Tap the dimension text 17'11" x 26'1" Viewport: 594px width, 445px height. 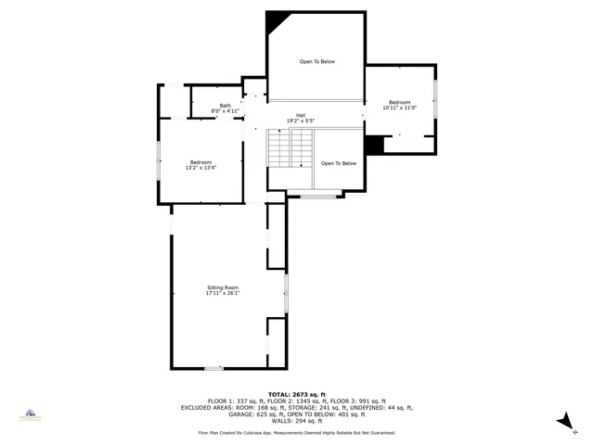(x=223, y=294)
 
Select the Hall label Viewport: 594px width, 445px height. (x=301, y=115)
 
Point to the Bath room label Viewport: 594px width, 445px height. (x=226, y=105)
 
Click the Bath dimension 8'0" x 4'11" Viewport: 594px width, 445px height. (x=226, y=111)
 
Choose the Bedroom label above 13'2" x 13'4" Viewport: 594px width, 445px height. (x=201, y=162)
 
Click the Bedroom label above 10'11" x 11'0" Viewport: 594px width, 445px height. (x=399, y=102)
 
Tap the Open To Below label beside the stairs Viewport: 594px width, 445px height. (x=339, y=163)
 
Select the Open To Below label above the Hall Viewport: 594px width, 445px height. (x=316, y=61)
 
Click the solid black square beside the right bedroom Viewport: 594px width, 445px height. (x=374, y=146)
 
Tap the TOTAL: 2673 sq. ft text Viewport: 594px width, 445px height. (x=296, y=394)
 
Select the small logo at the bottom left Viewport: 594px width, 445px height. (x=31, y=414)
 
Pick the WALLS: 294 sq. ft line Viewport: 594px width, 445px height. (x=296, y=420)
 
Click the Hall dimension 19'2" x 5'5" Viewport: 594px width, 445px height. (x=301, y=121)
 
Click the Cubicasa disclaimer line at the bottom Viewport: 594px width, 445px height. (x=296, y=432)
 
